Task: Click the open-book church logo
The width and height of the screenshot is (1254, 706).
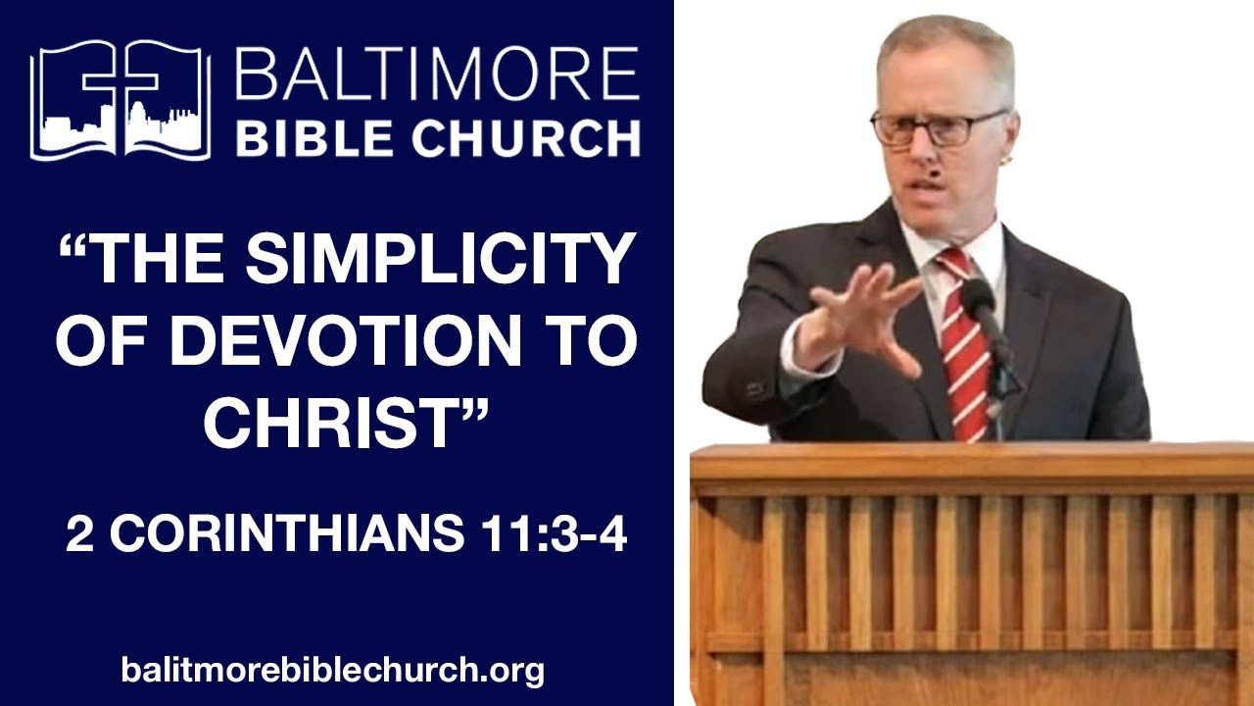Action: (x=121, y=100)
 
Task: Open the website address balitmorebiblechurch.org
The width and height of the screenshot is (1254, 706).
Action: (x=333, y=671)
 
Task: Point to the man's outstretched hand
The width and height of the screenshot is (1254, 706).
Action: (x=862, y=314)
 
